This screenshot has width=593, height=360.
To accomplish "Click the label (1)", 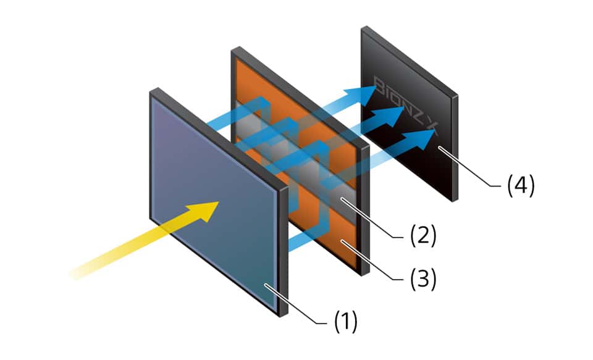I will click(x=346, y=322).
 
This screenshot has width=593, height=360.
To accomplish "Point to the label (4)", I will click(x=520, y=185).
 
